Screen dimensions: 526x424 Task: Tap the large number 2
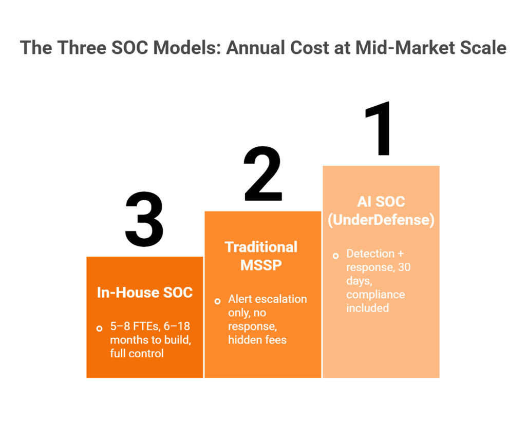[x=263, y=174]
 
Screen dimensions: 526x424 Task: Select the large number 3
[x=144, y=219]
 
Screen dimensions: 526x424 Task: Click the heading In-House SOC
[x=144, y=292]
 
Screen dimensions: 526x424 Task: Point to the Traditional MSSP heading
[x=261, y=256]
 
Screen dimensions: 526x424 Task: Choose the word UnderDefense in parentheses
[x=381, y=220]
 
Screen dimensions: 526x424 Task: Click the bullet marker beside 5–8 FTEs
[x=99, y=329]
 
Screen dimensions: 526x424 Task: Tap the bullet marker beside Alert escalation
[x=217, y=301]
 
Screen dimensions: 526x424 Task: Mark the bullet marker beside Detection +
[x=335, y=256]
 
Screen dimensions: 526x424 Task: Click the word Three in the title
[x=82, y=47]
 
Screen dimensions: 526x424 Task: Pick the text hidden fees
[x=257, y=340]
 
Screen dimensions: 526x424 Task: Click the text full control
[x=137, y=353]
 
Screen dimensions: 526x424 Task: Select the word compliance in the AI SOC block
[x=375, y=295]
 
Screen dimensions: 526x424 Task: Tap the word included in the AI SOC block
[x=367, y=308]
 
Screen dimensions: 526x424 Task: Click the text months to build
[x=151, y=340]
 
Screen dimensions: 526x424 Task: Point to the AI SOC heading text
[x=381, y=202]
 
